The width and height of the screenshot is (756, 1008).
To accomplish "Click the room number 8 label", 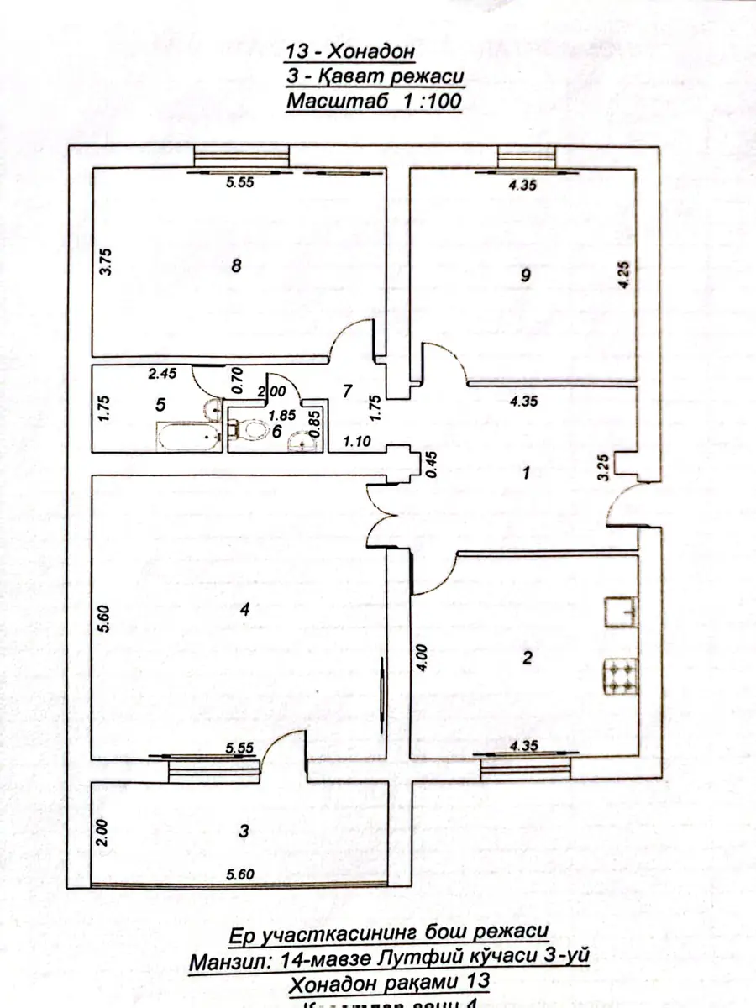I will [x=237, y=267].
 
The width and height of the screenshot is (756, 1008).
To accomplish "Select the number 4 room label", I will [x=244, y=611].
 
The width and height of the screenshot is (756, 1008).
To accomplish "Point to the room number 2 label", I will [x=527, y=659].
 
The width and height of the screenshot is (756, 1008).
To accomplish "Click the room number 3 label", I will [x=244, y=831].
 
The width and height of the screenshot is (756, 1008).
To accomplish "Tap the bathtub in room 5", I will [x=186, y=437].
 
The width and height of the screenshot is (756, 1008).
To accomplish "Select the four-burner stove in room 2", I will [x=620, y=677].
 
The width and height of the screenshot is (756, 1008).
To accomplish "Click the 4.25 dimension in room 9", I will [x=622, y=275].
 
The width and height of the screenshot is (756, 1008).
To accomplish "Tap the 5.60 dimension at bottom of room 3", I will [x=239, y=874].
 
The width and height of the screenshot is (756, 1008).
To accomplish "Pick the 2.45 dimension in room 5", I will [x=160, y=375].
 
